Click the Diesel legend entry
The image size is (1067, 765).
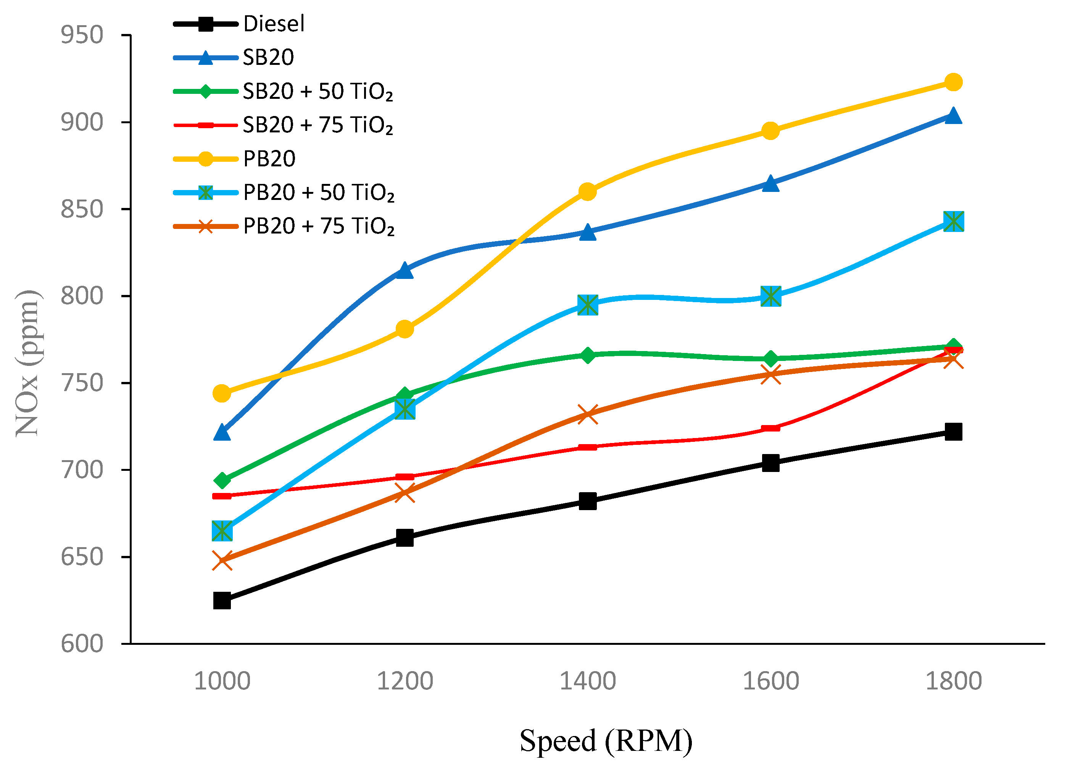pyautogui.click(x=273, y=24)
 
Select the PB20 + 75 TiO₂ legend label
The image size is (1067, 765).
pyautogui.click(x=319, y=226)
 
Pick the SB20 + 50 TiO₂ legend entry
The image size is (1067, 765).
pyautogui.click(x=318, y=91)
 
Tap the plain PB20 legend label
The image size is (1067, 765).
pyautogui.click(x=269, y=159)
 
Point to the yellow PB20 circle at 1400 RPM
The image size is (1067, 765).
pyautogui.click(x=588, y=192)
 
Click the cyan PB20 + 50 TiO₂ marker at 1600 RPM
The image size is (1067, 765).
pyautogui.click(x=770, y=296)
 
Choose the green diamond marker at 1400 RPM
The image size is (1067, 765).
pyautogui.click(x=588, y=355)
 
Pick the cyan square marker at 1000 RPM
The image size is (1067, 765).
pyautogui.click(x=222, y=531)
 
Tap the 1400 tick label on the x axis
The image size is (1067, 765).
pyautogui.click(x=588, y=681)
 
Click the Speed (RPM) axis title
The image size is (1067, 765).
pyautogui.click(x=606, y=741)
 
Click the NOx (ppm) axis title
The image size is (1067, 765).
pyautogui.click(x=27, y=363)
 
